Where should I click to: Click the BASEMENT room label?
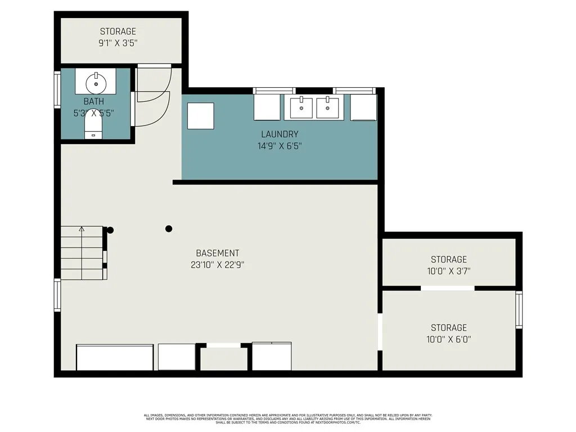click(217, 253)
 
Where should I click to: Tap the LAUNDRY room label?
click(280, 134)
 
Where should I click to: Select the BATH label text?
click(93, 102)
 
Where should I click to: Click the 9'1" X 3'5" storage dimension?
click(118, 42)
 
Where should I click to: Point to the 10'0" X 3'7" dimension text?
click(449, 271)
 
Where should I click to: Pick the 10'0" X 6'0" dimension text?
click(449, 339)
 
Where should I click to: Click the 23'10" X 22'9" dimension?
click(217, 264)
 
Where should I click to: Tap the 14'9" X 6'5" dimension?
click(280, 146)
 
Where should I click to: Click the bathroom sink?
click(96, 83)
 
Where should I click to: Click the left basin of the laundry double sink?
click(301, 107)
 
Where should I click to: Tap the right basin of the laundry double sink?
click(327, 107)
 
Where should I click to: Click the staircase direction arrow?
click(82, 229)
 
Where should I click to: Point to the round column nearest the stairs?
click(110, 229)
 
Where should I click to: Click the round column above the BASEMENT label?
click(168, 228)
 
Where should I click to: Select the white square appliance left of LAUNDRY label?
click(201, 116)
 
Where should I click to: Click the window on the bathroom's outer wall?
click(57, 89)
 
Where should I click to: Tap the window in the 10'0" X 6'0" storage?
click(519, 310)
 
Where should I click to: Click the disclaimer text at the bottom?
click(287, 418)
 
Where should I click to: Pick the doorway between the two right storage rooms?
click(448, 288)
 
